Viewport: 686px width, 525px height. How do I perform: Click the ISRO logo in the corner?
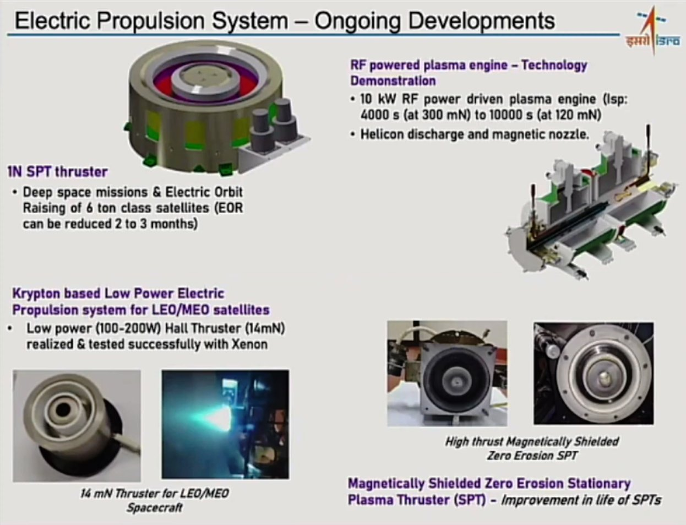point(652,31)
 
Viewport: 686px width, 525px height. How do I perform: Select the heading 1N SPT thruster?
point(57,172)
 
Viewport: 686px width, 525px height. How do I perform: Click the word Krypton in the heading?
point(36,294)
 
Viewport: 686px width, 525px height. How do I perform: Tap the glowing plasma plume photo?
point(225,424)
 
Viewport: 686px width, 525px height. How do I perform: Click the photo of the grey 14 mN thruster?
point(77,426)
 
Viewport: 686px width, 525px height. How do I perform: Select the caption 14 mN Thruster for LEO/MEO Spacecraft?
point(154,500)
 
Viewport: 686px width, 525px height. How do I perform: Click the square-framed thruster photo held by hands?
point(447,374)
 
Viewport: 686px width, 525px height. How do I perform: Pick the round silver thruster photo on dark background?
point(594,374)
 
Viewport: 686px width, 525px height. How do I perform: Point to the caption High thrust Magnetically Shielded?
point(532,441)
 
